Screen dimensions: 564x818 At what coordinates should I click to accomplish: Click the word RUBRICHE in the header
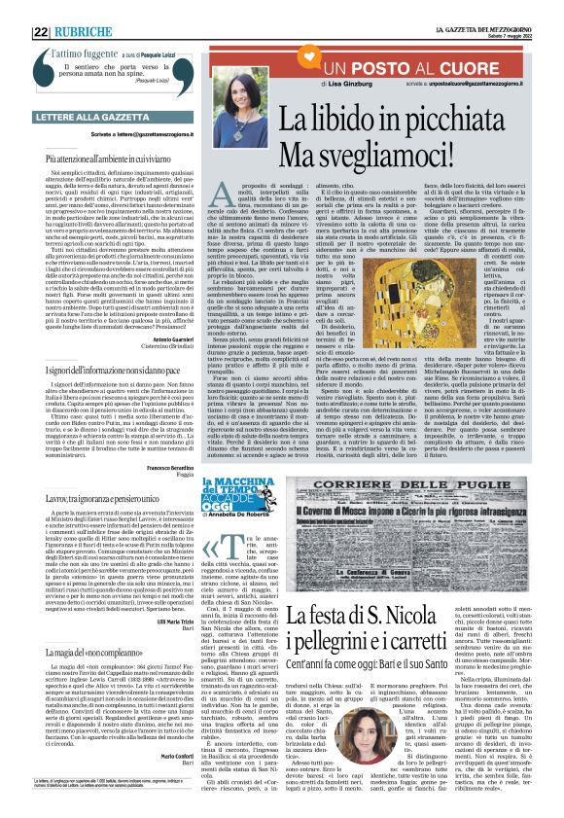click(90, 31)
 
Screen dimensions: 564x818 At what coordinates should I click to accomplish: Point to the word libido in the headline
click(363, 120)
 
